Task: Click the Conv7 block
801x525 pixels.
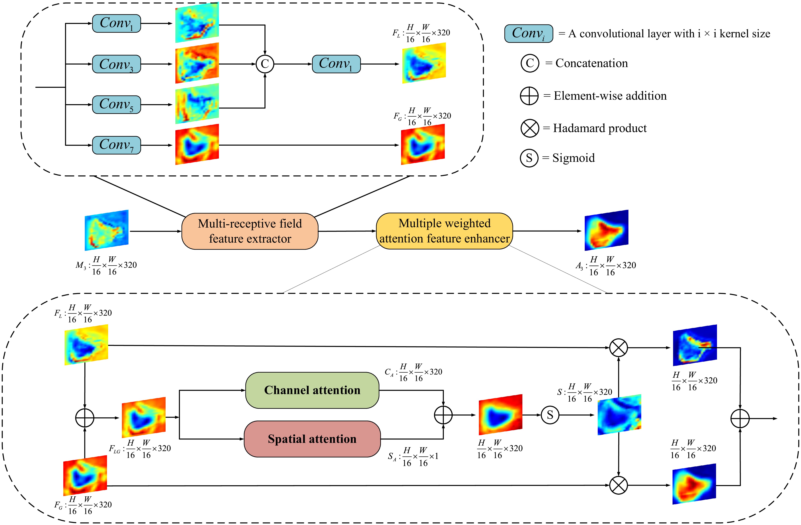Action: (x=116, y=145)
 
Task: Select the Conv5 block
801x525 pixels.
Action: (x=116, y=105)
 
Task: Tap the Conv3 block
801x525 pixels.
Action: (x=116, y=64)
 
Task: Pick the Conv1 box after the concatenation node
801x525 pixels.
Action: (x=336, y=64)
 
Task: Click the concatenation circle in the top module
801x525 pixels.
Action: (x=265, y=64)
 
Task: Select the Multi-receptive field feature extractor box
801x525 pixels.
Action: (x=250, y=231)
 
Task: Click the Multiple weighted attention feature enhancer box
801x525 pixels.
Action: (x=444, y=231)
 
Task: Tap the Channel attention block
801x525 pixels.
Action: (x=312, y=390)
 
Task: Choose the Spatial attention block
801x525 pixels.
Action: (x=312, y=439)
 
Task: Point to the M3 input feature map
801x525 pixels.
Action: (x=106, y=230)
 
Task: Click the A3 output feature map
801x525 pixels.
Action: (x=606, y=230)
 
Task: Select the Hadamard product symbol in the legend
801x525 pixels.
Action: (x=530, y=128)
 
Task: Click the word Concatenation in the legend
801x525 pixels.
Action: (x=592, y=63)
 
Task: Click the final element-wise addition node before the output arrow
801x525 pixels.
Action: (x=740, y=419)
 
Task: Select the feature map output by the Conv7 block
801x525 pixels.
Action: (x=197, y=144)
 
